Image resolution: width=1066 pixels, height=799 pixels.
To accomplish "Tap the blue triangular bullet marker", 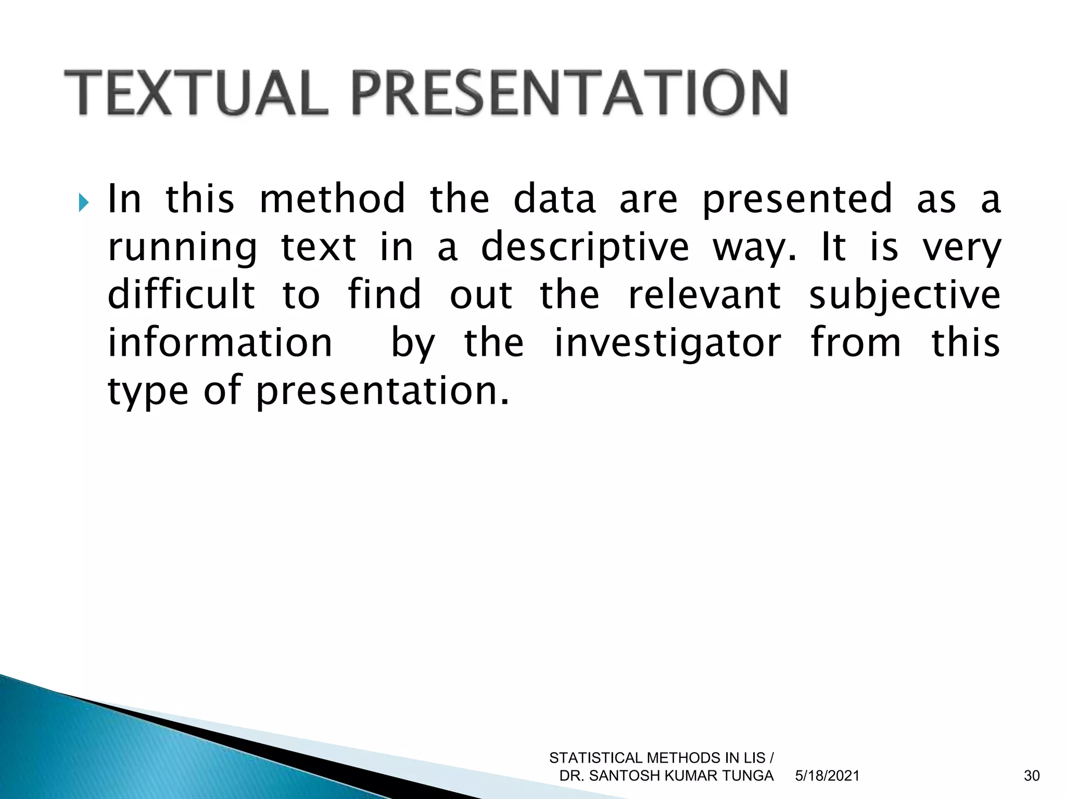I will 84,202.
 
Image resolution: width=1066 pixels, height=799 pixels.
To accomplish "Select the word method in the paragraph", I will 332,199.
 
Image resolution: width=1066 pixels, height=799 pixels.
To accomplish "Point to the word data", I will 554,199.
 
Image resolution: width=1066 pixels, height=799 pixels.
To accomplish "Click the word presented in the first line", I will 797,200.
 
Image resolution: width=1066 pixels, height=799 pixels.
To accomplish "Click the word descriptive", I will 585,248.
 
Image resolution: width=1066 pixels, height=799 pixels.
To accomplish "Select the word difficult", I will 181,294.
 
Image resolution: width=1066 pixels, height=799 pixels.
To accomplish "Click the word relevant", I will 704,294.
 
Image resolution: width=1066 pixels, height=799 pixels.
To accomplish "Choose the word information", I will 219,342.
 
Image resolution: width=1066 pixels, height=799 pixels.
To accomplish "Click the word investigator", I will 667,343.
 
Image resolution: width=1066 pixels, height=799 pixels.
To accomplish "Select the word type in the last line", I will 148,392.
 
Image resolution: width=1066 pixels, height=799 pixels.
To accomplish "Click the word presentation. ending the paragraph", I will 383,392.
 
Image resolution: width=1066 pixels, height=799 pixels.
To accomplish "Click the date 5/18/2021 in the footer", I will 827,776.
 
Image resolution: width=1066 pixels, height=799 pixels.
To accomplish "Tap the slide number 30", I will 1031,776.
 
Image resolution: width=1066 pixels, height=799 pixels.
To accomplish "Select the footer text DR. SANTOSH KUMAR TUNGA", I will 666,776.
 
